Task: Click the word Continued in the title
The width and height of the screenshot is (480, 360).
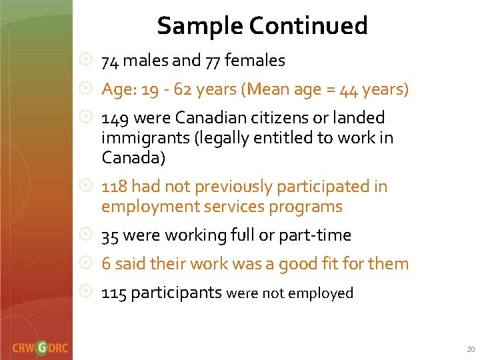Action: [308, 26]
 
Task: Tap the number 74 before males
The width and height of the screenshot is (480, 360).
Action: [110, 61]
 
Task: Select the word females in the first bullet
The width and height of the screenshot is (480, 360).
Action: [255, 61]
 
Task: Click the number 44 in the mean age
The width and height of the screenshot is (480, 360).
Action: [350, 89]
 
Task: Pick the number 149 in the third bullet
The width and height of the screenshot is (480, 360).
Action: [115, 118]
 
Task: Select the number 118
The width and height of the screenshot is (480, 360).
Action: [114, 187]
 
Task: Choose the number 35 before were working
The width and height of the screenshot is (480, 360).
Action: [111, 235]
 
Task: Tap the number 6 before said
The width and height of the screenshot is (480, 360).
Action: [106, 264]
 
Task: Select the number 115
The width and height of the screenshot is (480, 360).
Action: [114, 293]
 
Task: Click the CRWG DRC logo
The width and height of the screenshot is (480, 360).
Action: [39, 347]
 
